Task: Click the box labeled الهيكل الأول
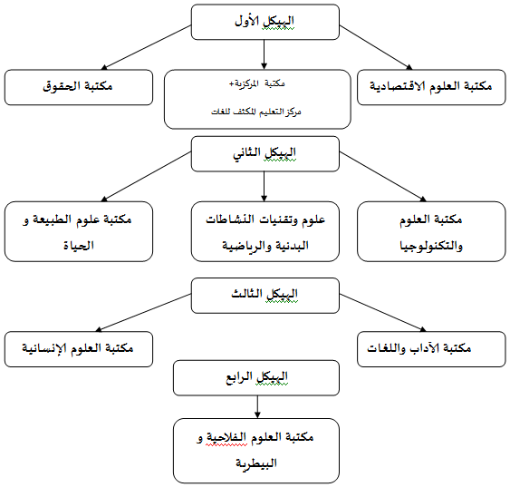point(265,22)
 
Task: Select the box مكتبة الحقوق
point(79,87)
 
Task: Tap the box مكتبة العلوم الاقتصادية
point(431,87)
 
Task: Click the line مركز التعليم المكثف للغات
point(256,112)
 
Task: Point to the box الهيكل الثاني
point(265,154)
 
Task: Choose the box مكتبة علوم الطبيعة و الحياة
point(79,231)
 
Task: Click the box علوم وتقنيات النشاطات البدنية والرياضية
point(265,231)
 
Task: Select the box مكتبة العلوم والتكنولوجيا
point(431,231)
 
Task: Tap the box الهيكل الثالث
point(265,296)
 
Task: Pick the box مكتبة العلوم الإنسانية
point(79,349)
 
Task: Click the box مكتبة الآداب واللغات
point(431,349)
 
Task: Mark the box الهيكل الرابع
point(256,377)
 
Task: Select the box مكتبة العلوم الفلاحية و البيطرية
point(256,451)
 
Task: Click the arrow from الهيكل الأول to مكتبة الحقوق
point(146,47)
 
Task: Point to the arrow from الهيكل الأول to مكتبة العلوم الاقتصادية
point(376,47)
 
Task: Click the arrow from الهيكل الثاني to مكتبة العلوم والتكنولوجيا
point(383,176)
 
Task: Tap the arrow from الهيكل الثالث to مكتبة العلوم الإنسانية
point(143,313)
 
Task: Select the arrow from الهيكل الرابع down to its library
point(257,407)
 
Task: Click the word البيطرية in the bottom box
point(256,463)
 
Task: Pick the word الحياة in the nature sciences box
point(79,246)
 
